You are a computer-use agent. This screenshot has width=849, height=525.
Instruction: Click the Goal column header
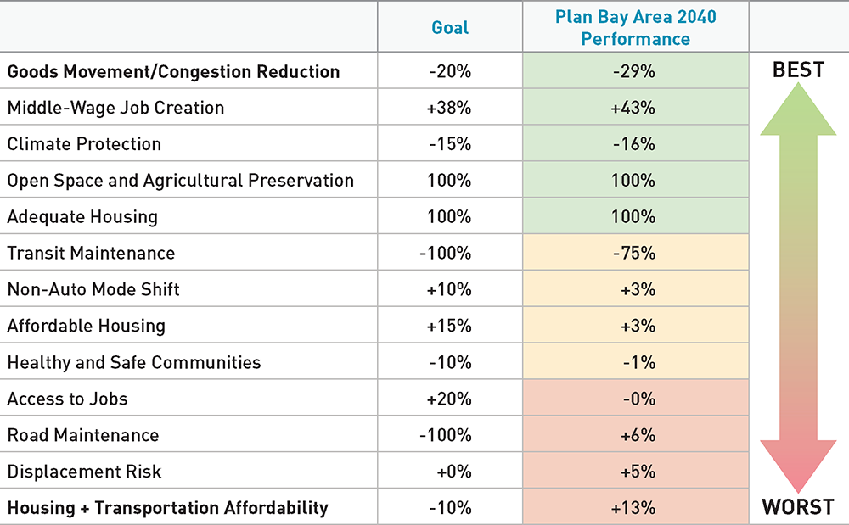(x=450, y=27)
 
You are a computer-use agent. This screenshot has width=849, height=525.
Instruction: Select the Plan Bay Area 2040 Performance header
(x=634, y=27)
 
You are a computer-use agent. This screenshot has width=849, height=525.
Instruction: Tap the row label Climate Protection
(x=84, y=144)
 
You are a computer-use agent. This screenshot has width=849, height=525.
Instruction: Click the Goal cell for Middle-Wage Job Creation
(x=450, y=108)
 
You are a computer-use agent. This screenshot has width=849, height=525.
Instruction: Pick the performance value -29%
(x=634, y=71)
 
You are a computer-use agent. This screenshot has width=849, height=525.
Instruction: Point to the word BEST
(x=798, y=70)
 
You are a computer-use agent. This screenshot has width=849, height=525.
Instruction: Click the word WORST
(x=798, y=507)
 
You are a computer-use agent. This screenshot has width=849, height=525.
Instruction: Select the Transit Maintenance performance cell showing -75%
(x=634, y=253)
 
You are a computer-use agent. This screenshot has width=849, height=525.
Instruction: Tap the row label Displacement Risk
(x=84, y=472)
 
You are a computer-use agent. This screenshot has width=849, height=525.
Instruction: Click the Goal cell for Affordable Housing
(x=450, y=326)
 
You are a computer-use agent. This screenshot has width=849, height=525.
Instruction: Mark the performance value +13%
(x=634, y=508)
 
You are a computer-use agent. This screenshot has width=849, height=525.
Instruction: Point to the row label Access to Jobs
(x=68, y=399)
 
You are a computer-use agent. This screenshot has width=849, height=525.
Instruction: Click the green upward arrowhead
(x=798, y=110)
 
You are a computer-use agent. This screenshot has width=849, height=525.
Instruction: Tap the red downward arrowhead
(x=798, y=466)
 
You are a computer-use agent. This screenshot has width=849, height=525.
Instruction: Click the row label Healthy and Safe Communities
(x=134, y=362)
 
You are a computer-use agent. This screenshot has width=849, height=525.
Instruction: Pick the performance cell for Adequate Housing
(x=634, y=216)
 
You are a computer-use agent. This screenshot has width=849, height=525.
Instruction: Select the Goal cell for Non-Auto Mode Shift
(x=450, y=289)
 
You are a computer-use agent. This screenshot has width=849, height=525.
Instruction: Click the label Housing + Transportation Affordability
(x=167, y=508)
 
